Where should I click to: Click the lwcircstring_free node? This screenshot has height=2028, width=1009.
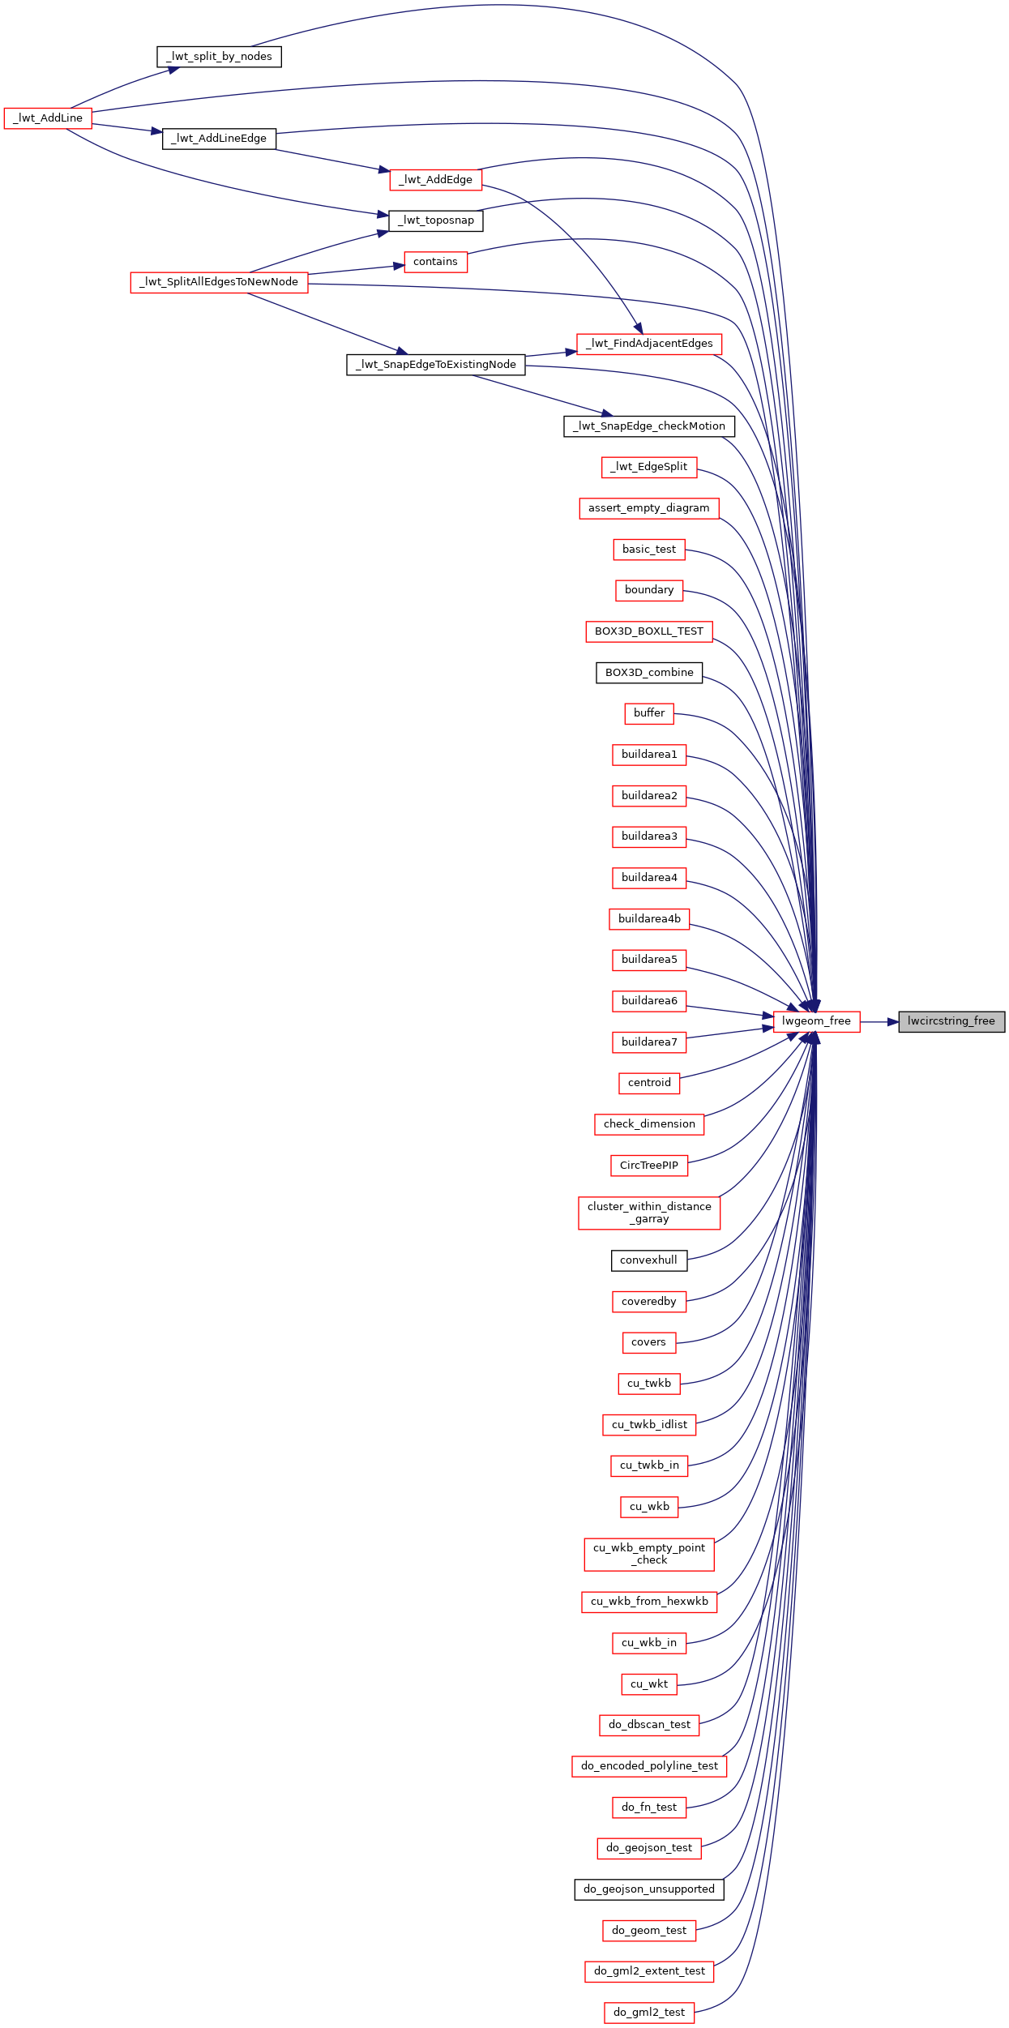point(951,1021)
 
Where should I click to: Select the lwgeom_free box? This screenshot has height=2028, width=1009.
point(816,1021)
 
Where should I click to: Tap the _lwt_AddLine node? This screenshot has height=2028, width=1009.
point(48,118)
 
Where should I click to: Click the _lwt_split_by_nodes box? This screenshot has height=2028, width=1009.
point(219,57)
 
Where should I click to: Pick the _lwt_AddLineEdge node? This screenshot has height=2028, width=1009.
point(219,139)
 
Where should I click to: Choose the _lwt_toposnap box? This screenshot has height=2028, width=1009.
point(436,220)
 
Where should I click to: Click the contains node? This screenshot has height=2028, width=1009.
point(436,262)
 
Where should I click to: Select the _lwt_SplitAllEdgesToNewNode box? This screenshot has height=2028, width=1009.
point(219,282)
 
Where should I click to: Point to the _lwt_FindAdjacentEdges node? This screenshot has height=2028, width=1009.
point(649,344)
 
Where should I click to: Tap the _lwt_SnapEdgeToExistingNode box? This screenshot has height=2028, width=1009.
point(436,365)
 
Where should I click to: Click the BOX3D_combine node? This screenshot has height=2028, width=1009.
point(649,673)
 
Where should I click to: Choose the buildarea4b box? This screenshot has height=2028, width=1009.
point(649,919)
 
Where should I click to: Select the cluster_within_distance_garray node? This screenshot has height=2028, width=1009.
point(649,1213)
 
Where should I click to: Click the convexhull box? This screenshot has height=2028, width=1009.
point(649,1260)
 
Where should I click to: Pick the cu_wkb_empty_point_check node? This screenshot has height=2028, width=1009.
point(649,1554)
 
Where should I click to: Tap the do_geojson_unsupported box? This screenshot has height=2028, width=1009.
point(649,1889)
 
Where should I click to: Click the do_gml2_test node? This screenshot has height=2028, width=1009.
point(649,2013)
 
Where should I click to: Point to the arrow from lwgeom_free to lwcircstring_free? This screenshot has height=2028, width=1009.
point(879,1022)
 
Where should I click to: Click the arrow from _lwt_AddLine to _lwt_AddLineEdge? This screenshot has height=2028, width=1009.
point(127,128)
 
